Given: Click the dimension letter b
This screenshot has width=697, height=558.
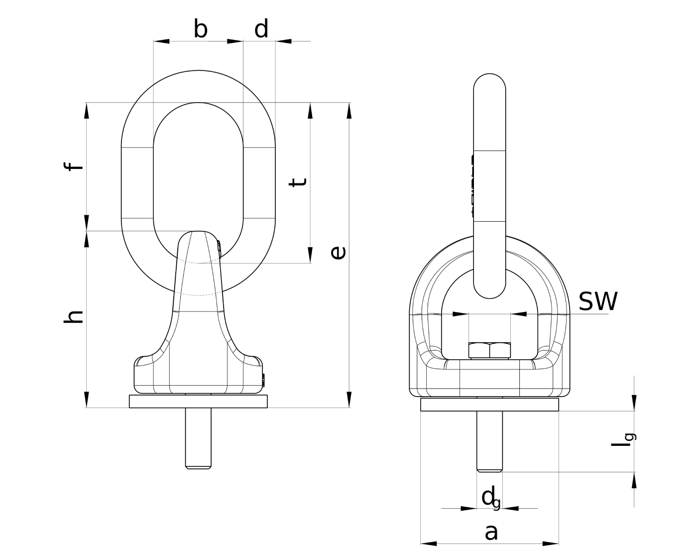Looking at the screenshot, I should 200,29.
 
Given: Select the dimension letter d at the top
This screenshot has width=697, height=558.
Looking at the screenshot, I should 261,29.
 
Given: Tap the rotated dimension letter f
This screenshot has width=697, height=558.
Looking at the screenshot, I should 75,165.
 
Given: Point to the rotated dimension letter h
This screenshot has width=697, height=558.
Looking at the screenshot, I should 74,317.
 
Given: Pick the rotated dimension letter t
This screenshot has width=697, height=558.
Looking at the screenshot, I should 298,182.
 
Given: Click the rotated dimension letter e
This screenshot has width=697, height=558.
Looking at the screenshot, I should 338,253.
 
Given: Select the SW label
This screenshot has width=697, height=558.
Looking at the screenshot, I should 598,301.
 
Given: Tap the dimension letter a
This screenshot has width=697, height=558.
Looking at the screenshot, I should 491,532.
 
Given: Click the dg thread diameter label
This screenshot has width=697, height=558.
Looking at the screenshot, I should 490,498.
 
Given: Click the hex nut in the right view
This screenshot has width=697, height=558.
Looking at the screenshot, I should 489,351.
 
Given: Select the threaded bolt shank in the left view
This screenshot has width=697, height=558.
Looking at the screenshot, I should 198,438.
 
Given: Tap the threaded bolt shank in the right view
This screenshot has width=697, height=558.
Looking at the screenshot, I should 489,441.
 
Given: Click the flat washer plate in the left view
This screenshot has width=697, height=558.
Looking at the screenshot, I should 199,402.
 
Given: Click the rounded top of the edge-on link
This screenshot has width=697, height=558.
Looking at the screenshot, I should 489,82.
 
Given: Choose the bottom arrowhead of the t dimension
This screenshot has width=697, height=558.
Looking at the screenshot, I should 310,255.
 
